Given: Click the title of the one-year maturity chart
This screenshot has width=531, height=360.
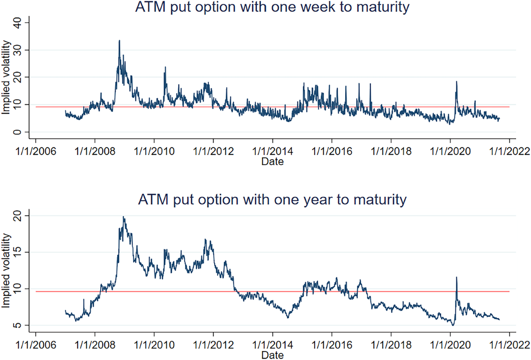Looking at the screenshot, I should click(272, 200).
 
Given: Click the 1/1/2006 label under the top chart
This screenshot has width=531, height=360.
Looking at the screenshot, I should click(35, 151).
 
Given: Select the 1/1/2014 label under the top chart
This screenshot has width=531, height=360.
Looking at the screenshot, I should click(272, 151).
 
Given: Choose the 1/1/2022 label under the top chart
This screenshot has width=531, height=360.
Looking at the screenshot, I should click(509, 151).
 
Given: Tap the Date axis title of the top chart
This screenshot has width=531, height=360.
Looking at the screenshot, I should click(272, 162).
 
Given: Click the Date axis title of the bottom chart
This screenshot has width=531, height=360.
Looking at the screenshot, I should click(272, 355).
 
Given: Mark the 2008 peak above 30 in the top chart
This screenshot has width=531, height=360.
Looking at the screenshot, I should click(119, 41).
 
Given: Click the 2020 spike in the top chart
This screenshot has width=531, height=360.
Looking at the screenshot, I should click(456, 82).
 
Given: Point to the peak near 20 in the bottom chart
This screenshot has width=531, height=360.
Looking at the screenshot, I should click(123, 217).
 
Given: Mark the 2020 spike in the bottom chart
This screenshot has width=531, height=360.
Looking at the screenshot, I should click(456, 278).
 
